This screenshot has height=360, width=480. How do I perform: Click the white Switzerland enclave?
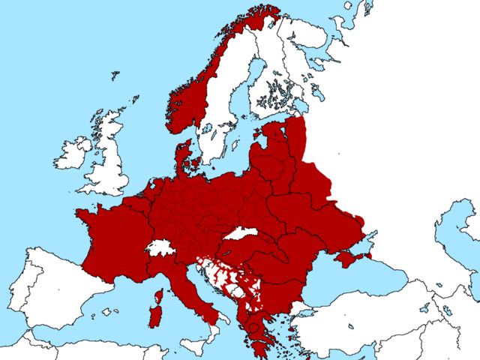click(159, 248)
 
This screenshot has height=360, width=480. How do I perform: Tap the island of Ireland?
click(73, 154)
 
